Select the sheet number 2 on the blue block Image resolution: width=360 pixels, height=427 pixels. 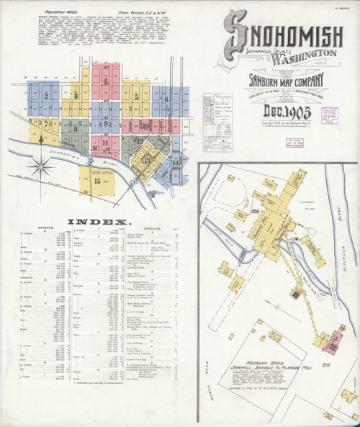point(46,94)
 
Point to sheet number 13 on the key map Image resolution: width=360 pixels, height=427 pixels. point(147,160)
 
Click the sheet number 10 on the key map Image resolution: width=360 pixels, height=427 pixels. point(145,126)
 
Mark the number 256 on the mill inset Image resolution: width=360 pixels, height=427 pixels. point(254,212)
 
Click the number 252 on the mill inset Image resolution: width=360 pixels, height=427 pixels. point(325,367)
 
